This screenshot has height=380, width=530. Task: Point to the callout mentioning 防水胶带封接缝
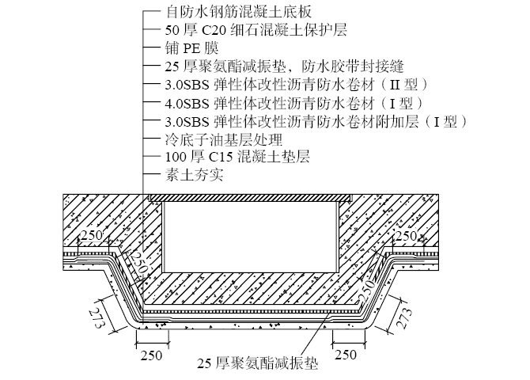tap(274, 66)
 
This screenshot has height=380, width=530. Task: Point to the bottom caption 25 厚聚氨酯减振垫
tap(257, 364)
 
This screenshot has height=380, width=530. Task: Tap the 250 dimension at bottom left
tap(151, 355)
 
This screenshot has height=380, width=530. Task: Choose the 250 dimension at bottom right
tap(345, 355)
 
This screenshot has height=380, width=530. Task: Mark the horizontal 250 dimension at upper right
tap(407, 235)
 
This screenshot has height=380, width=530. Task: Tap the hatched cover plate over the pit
tap(246, 196)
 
